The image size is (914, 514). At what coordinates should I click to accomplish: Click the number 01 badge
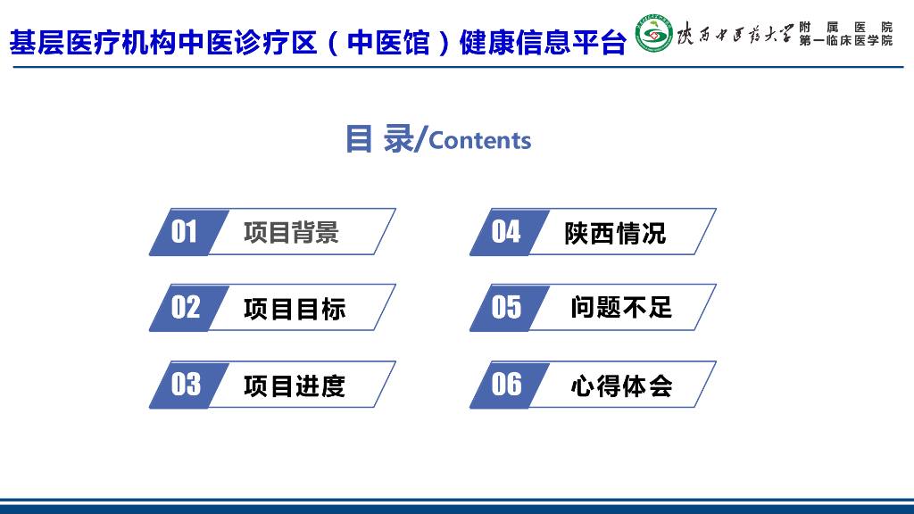185,232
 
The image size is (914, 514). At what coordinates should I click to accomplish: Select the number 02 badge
186,308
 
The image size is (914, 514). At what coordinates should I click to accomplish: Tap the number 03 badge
186,385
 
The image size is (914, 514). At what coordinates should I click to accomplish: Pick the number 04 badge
506,232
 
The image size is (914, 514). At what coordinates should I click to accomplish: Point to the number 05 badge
506,308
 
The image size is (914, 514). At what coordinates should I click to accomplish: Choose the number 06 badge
506,385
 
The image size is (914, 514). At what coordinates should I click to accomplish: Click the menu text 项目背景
291,233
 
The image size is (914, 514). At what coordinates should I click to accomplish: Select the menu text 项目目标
294,310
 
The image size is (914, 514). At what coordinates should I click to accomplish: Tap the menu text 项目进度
294,386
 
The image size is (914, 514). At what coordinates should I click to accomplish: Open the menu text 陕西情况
615,234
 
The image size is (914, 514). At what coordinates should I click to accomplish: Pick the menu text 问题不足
621,308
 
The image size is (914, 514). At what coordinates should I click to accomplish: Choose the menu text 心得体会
621,385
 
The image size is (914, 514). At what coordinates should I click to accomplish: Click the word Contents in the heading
480,141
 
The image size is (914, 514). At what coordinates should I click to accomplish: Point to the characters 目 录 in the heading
379,138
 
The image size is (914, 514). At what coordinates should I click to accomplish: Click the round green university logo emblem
654,34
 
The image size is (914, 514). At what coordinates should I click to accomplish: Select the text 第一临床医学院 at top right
845,41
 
